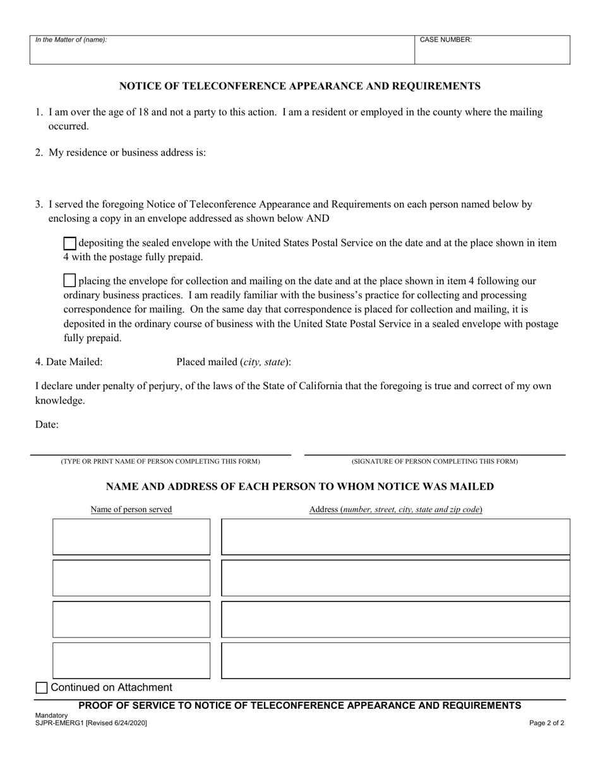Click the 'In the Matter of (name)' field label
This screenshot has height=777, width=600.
(x=71, y=40)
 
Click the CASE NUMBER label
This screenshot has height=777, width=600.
(x=446, y=40)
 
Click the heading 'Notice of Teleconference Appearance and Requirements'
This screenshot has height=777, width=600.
(x=300, y=86)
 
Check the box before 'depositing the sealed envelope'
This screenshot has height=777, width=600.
(x=70, y=243)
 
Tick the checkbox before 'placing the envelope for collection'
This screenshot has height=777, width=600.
(x=70, y=280)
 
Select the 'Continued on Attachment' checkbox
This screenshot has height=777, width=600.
(x=42, y=688)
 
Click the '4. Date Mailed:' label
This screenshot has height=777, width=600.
(x=69, y=362)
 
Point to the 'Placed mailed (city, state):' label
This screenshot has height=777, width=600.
(x=234, y=362)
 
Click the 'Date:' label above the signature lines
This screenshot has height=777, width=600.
(x=47, y=425)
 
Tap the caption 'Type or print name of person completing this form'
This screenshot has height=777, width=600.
(x=160, y=461)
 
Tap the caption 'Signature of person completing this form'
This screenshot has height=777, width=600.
(x=435, y=461)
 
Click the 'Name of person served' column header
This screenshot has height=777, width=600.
(x=131, y=509)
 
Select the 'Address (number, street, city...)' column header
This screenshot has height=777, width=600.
(x=395, y=509)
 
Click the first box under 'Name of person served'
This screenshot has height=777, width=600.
(x=131, y=537)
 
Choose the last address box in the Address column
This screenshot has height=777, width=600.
(x=395, y=661)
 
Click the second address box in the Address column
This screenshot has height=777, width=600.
(x=395, y=578)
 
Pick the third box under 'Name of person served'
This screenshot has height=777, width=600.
(x=131, y=619)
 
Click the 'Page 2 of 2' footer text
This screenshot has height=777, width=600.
(x=547, y=723)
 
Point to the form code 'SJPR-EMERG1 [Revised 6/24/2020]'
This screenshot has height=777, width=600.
(x=91, y=723)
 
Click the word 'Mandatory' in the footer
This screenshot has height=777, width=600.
(x=52, y=715)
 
